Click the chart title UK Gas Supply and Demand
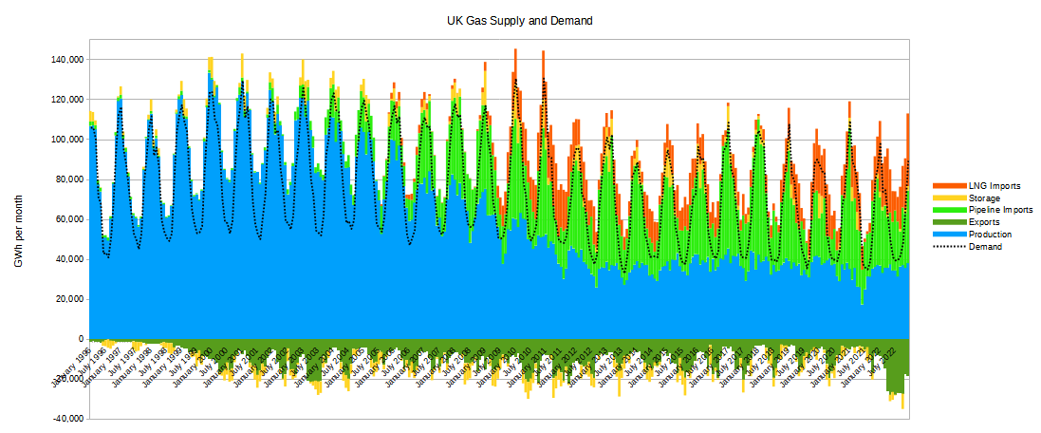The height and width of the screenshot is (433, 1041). pos(520,20)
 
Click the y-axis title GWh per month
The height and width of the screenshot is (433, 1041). pos(18,231)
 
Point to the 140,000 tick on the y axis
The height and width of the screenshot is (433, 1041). pos(68,60)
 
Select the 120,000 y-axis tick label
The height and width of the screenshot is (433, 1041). pos(68,100)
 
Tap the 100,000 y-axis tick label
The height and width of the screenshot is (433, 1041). pos(68,140)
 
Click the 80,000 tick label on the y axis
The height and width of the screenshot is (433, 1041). pos(71,179)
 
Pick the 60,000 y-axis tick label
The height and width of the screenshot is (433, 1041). pos(71,219)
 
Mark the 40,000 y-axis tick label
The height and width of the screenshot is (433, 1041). pos(71,259)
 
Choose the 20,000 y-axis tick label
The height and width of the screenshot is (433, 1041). pos(71,299)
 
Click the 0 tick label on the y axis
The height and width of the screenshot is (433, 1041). pos(83,339)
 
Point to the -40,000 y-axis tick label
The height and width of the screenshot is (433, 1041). pos(69,419)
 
